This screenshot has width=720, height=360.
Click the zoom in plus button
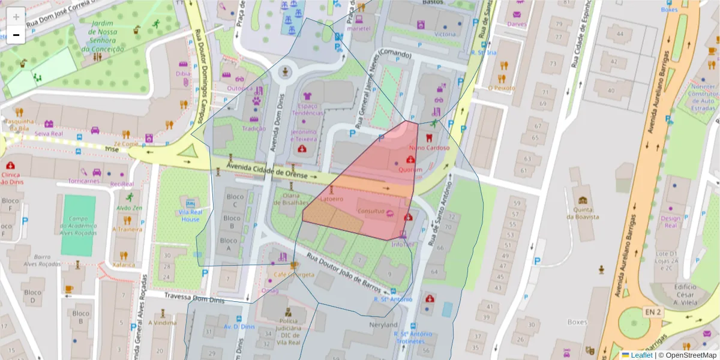pos(16,17)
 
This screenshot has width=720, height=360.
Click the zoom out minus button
pos(16,35)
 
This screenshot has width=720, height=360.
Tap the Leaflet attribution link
pos(641,355)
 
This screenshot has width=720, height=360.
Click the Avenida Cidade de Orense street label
pos(266,170)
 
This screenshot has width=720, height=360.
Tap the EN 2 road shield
pos(653,311)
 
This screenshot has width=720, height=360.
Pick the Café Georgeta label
pos(294,275)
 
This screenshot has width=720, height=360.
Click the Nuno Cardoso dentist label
pos(429,148)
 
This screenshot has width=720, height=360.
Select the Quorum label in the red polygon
pos(410,169)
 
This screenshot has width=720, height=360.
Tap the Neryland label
pos(383,325)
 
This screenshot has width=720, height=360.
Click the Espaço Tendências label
pos(308,109)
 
